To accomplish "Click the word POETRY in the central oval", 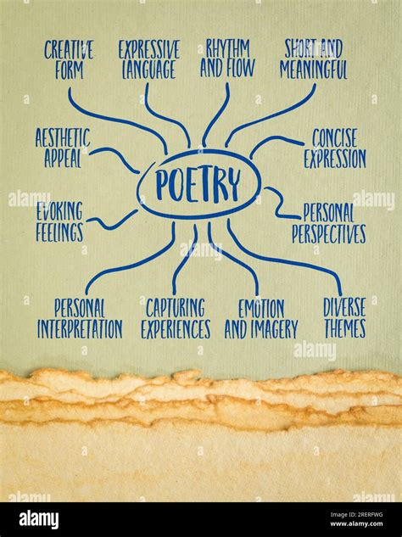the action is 198,185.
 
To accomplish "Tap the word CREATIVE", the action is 69,50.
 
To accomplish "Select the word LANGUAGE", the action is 149,70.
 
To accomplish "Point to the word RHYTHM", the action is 227,48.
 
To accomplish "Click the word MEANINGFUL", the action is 314,70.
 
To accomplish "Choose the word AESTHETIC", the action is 63,137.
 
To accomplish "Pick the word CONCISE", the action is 334,138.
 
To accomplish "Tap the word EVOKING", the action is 59,211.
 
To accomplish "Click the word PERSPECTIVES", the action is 329,234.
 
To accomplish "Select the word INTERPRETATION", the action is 80,329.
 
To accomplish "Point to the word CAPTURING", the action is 176,308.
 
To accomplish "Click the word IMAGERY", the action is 274,329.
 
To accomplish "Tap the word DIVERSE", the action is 344,307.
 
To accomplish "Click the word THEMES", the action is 345,329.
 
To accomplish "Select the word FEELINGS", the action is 59,232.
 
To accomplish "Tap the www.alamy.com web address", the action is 356,523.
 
